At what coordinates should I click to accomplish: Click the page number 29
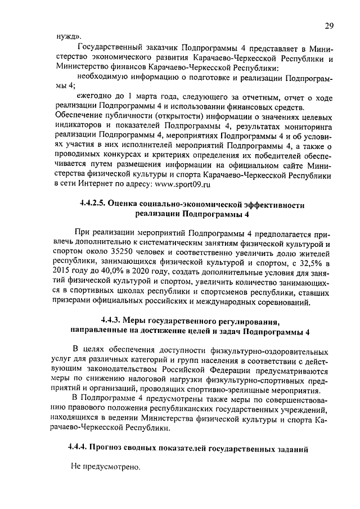[330, 25]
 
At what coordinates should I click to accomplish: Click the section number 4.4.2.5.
[93, 205]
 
